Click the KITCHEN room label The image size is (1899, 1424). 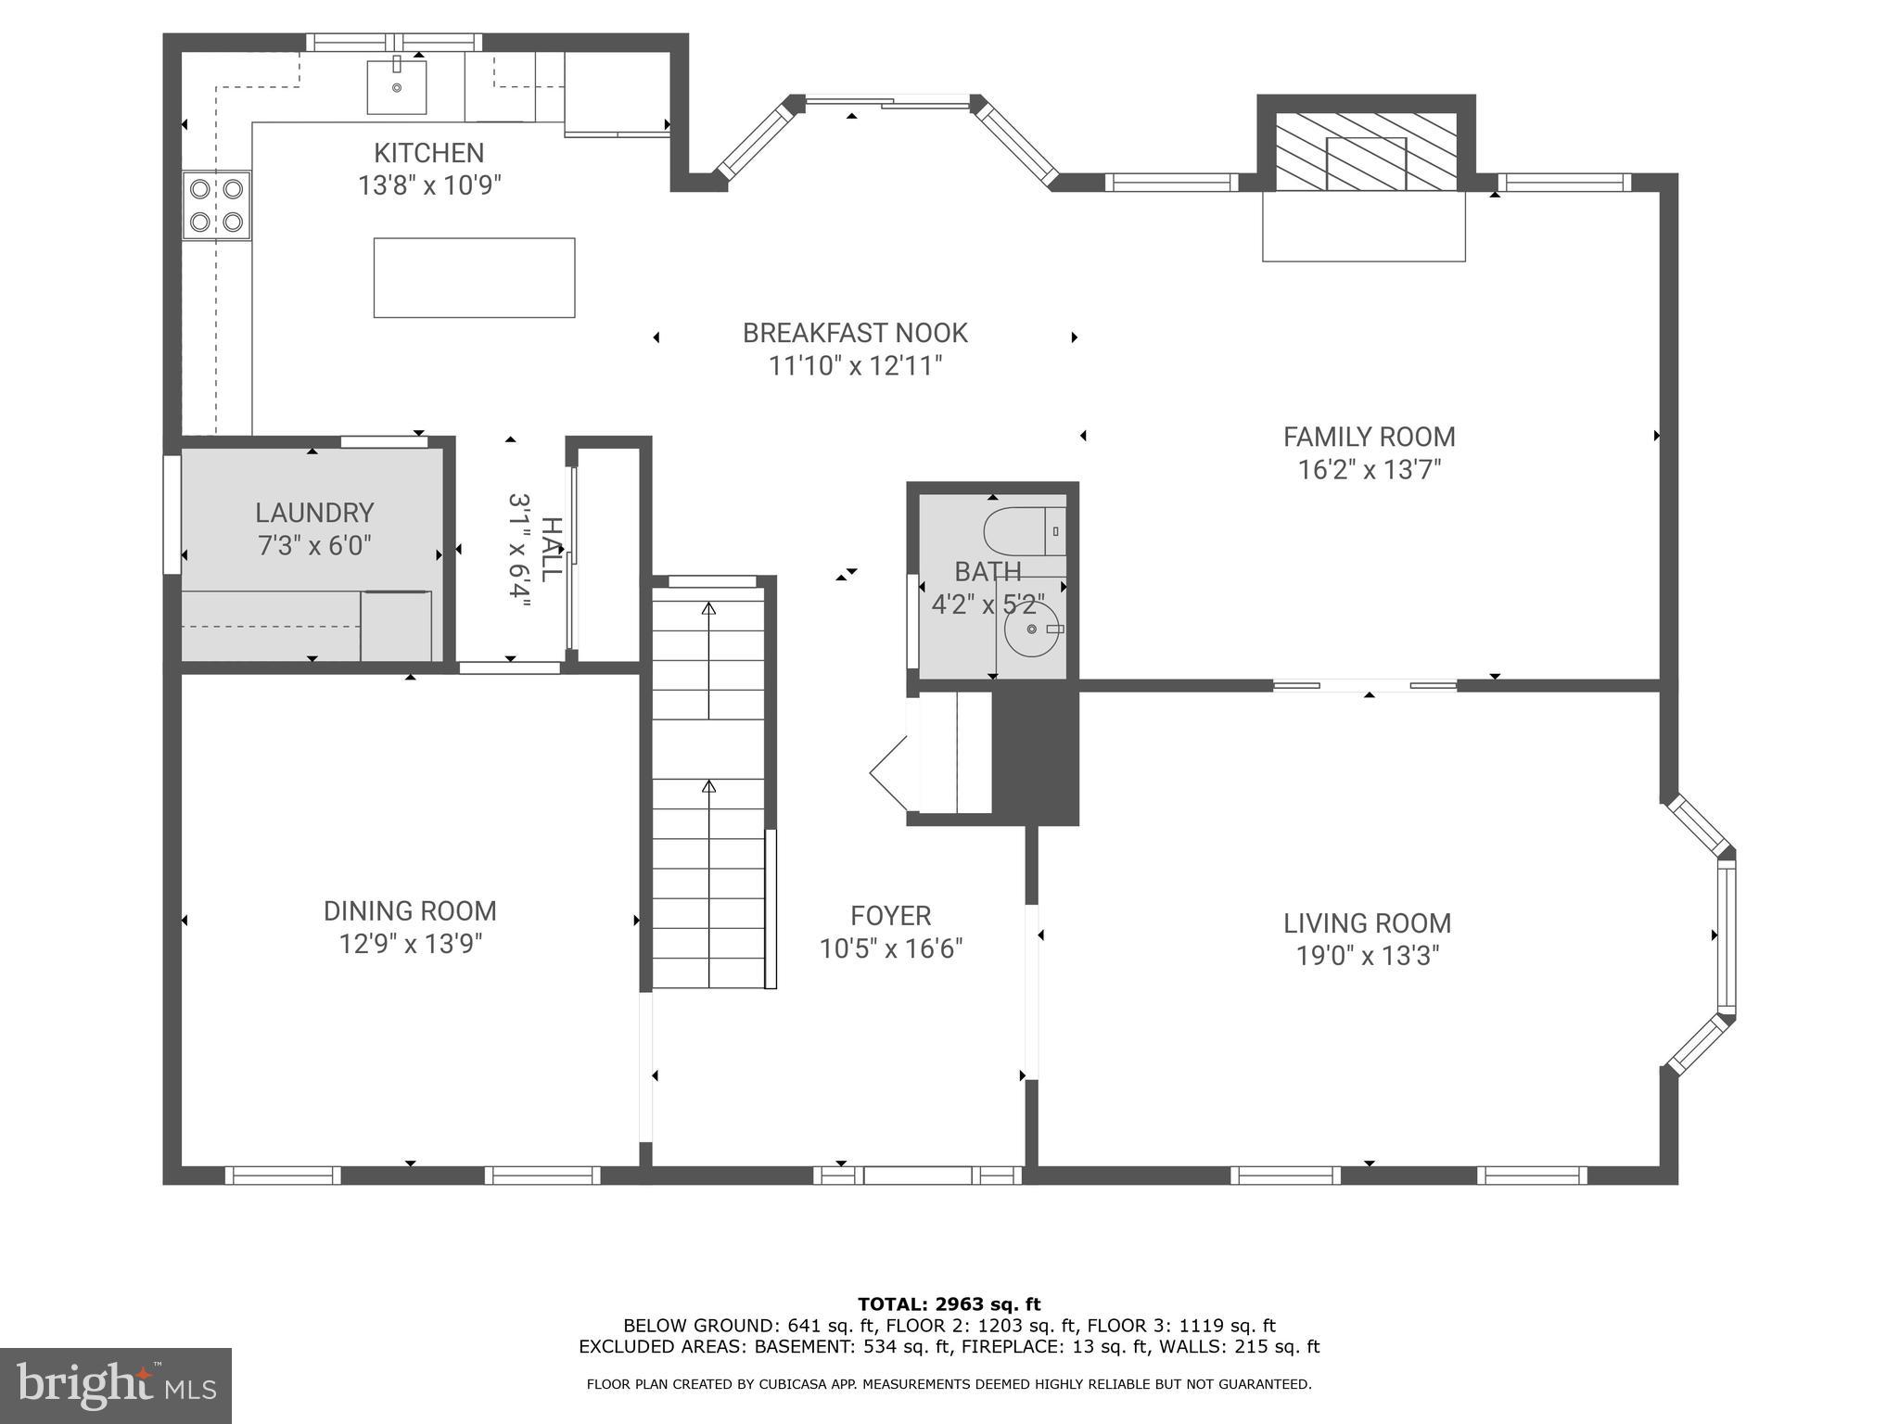pyautogui.click(x=428, y=153)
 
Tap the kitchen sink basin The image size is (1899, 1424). pyautogui.click(x=397, y=86)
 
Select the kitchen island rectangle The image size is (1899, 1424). pyautogui.click(x=474, y=277)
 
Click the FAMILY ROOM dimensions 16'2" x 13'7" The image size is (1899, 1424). pyautogui.click(x=1369, y=470)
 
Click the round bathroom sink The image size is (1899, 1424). pyautogui.click(x=1031, y=629)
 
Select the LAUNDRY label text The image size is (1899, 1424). pyautogui.click(x=314, y=513)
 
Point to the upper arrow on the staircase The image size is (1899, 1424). pyautogui.click(x=709, y=609)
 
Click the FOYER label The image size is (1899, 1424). pyautogui.click(x=890, y=916)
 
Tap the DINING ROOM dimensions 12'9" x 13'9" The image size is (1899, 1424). pyautogui.click(x=410, y=945)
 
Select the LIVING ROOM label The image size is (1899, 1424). pyautogui.click(x=1367, y=923)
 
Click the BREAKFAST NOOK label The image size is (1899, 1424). pyautogui.click(x=854, y=333)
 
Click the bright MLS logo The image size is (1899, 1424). pyautogui.click(x=115, y=1385)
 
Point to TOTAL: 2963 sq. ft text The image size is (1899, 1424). pyautogui.click(x=949, y=1304)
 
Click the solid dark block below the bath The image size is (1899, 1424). pyautogui.click(x=1035, y=756)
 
